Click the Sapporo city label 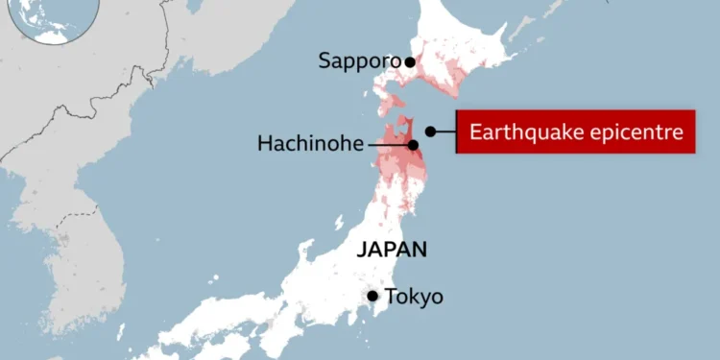click(359, 61)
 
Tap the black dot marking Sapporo click(410, 62)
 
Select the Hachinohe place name click(311, 144)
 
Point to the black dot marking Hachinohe click(413, 145)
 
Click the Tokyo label click(414, 296)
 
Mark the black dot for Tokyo click(372, 296)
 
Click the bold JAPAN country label click(391, 250)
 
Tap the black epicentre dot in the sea click(431, 132)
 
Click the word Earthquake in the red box click(519, 132)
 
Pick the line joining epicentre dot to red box click(445, 132)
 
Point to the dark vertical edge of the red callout click(457, 132)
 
